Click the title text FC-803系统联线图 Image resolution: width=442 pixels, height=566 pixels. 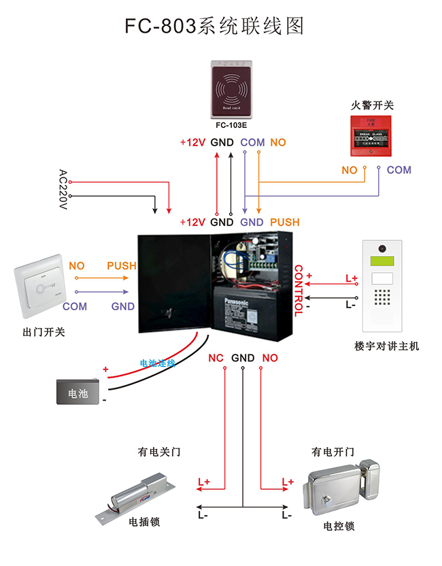[x=213, y=26]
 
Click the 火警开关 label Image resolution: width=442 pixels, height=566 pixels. [x=372, y=105]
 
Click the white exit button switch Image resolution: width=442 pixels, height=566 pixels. [x=39, y=285]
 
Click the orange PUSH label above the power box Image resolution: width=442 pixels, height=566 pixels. [x=284, y=222]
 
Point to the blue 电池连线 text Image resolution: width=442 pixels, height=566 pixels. [x=157, y=363]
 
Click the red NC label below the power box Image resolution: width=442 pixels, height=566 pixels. [x=216, y=358]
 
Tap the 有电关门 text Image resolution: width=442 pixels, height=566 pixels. [x=159, y=452]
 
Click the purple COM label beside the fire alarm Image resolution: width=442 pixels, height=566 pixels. [x=398, y=170]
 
